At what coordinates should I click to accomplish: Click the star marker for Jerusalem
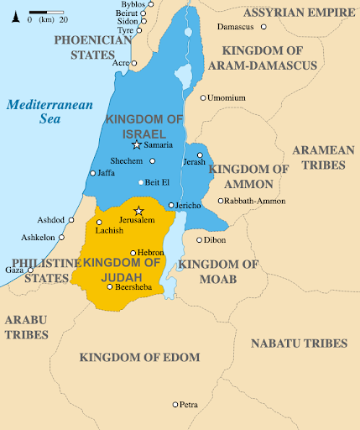click(139, 211)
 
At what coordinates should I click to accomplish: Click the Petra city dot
click(175, 405)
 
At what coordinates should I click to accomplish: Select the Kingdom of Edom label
click(139, 358)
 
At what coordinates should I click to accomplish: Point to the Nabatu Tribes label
click(299, 343)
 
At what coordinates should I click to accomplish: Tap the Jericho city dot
click(171, 205)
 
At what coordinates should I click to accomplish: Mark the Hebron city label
click(152, 252)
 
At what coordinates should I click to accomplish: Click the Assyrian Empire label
click(294, 13)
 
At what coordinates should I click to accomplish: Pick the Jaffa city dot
click(93, 173)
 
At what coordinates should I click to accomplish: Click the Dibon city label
click(215, 240)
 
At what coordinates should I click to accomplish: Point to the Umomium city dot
click(203, 98)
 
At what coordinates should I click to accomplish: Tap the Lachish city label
click(109, 230)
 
